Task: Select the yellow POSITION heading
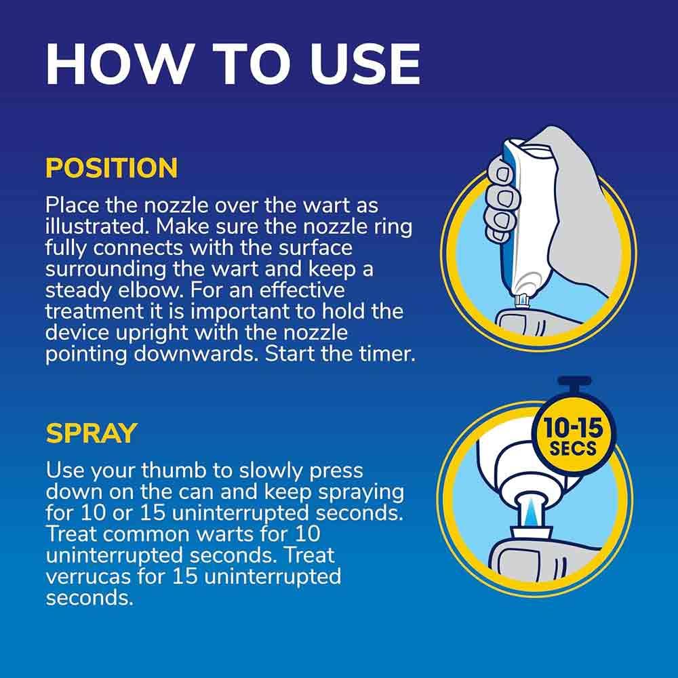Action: pyautogui.click(x=111, y=168)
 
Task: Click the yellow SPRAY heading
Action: pyautogui.click(x=92, y=433)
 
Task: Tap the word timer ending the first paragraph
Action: pyautogui.click(x=384, y=355)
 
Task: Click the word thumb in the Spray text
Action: pyautogui.click(x=189, y=470)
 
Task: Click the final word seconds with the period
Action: pyautogui.click(x=88, y=599)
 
